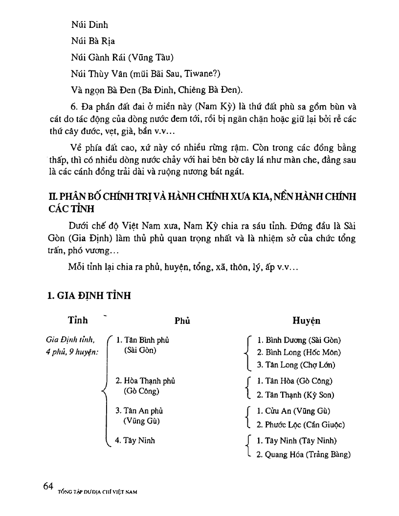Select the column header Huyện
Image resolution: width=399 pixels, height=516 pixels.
(x=306, y=321)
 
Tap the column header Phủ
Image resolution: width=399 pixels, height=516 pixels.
(x=182, y=321)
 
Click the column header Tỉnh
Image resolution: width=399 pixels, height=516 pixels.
(x=78, y=321)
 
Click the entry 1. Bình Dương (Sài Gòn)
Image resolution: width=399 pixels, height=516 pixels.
(x=299, y=340)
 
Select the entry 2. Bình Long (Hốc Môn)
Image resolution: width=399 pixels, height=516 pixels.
(x=299, y=352)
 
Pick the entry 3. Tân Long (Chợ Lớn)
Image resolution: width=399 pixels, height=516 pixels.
(x=296, y=365)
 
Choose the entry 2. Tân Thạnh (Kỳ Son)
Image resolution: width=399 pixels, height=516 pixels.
(x=295, y=395)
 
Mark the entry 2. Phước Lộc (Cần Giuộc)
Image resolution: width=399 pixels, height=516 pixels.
(x=301, y=425)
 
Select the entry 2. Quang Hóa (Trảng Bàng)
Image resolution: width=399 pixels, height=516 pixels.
(x=303, y=454)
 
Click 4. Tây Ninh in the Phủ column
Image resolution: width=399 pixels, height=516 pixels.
(x=135, y=440)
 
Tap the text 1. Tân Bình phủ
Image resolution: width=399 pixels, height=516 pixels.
(x=143, y=340)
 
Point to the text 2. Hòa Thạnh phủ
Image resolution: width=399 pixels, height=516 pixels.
(x=145, y=381)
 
